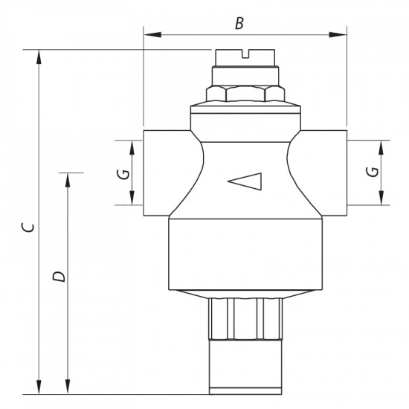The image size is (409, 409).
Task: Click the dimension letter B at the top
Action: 239,23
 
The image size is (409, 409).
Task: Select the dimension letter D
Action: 59,277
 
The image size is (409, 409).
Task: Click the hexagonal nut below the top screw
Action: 245,94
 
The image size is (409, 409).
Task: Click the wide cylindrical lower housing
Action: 245,253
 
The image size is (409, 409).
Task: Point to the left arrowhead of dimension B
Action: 147,33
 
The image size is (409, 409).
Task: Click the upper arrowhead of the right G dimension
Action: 383,145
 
